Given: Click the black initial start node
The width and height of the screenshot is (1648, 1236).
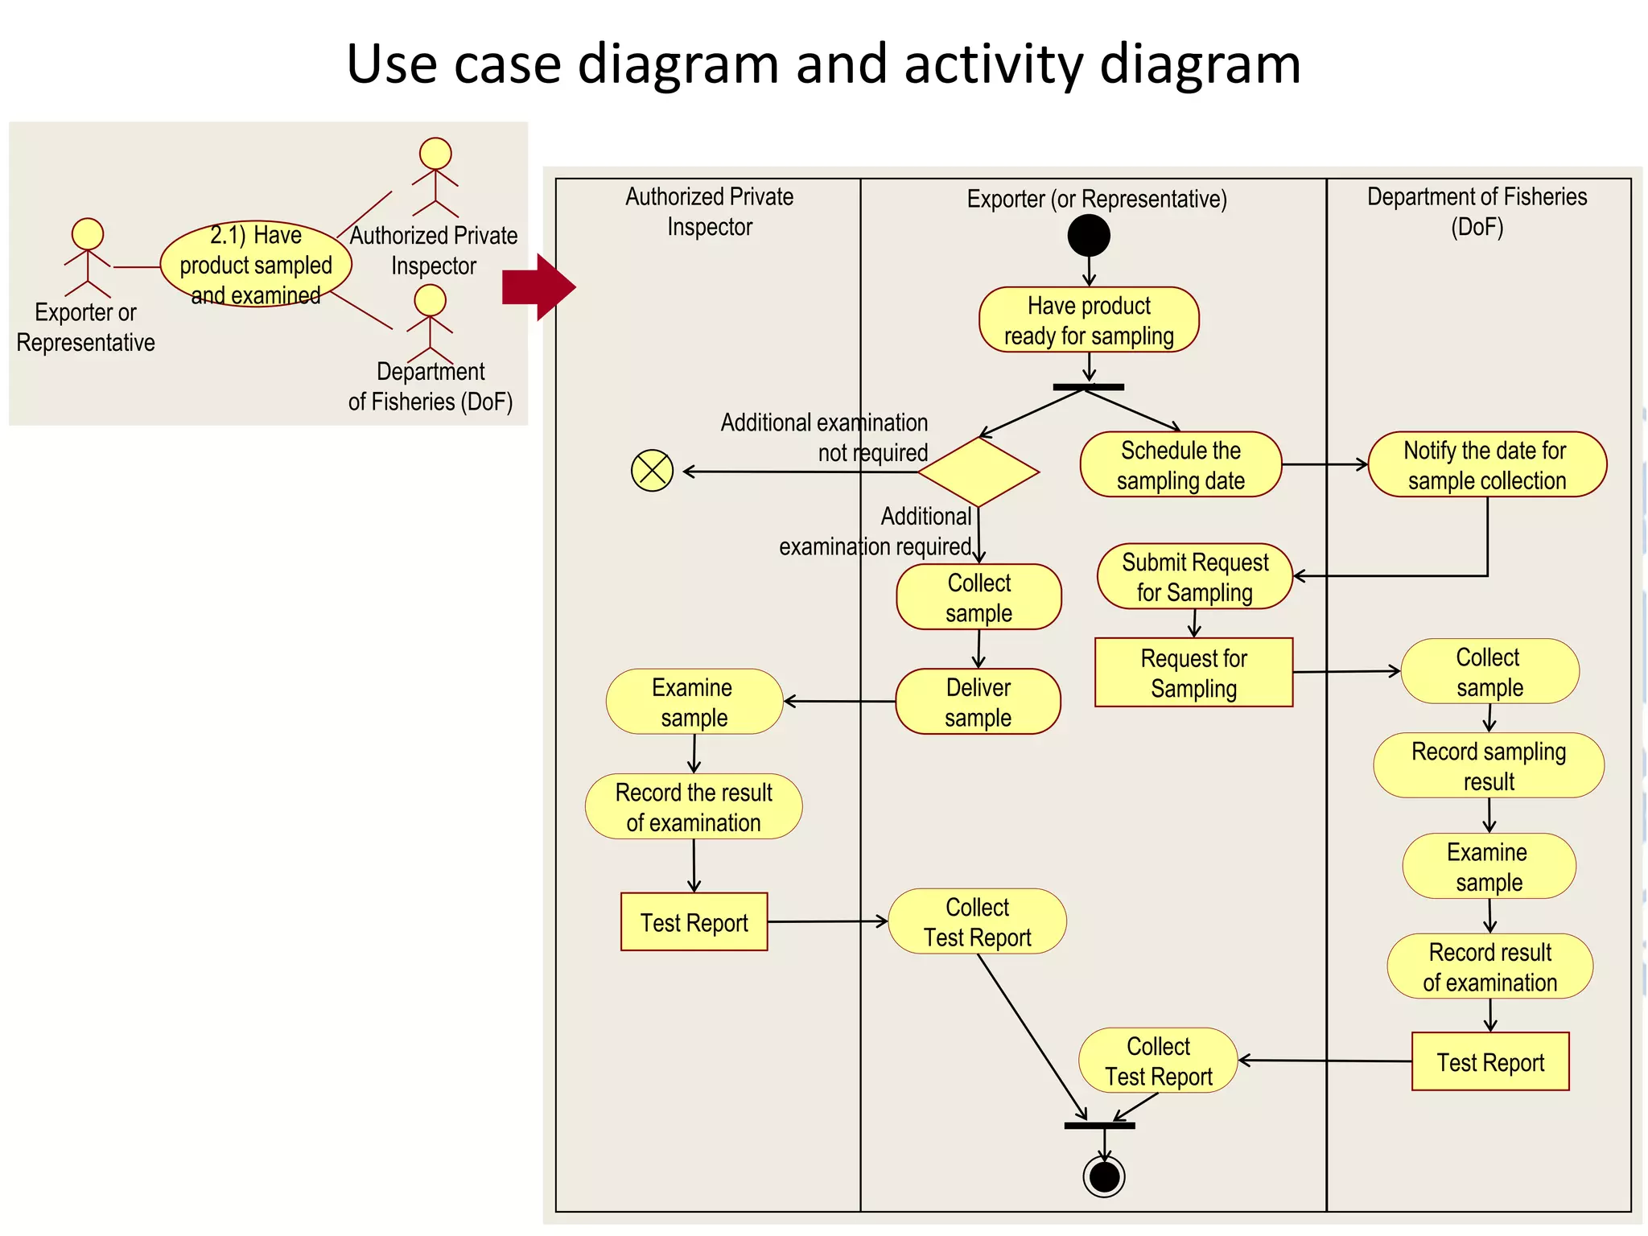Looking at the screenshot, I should pos(1089,236).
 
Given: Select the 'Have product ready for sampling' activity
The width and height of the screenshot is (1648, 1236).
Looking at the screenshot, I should pos(1089,320).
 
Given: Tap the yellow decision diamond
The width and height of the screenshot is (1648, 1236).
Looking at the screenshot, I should pos(978,472).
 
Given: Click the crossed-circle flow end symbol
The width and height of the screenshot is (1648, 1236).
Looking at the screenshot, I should pos(652,471).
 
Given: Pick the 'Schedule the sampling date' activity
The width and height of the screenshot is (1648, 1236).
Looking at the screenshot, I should pos(1180,465).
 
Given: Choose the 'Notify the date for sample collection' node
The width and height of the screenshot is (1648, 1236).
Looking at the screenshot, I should pos(1486,465).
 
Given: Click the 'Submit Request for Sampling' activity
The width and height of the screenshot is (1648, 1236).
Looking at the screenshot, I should pos(1194,577).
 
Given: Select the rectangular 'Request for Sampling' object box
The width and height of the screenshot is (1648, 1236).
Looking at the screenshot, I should pos(1193,673).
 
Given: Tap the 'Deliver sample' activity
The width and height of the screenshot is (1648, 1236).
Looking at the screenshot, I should pos(978,702).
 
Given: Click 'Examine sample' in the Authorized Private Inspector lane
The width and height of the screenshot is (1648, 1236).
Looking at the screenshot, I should pos(694,702).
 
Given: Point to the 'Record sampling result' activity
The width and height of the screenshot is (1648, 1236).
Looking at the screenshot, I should pos(1488,765).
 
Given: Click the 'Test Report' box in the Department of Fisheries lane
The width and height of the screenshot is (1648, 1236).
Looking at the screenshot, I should pos(1490,1061).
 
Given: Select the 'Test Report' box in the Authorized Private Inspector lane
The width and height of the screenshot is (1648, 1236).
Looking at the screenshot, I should pos(694,922).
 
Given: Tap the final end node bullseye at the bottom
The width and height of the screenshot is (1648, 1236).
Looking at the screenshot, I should pos(1104,1176).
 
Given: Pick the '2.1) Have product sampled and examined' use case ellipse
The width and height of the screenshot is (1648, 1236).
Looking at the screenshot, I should pos(256,265).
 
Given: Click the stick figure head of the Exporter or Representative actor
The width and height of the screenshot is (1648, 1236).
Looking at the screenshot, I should pos(88,234).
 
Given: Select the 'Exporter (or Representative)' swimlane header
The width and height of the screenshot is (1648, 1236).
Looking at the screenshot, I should pos(1096,199).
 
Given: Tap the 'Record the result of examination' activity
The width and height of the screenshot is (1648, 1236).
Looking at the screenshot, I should pos(694,806).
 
